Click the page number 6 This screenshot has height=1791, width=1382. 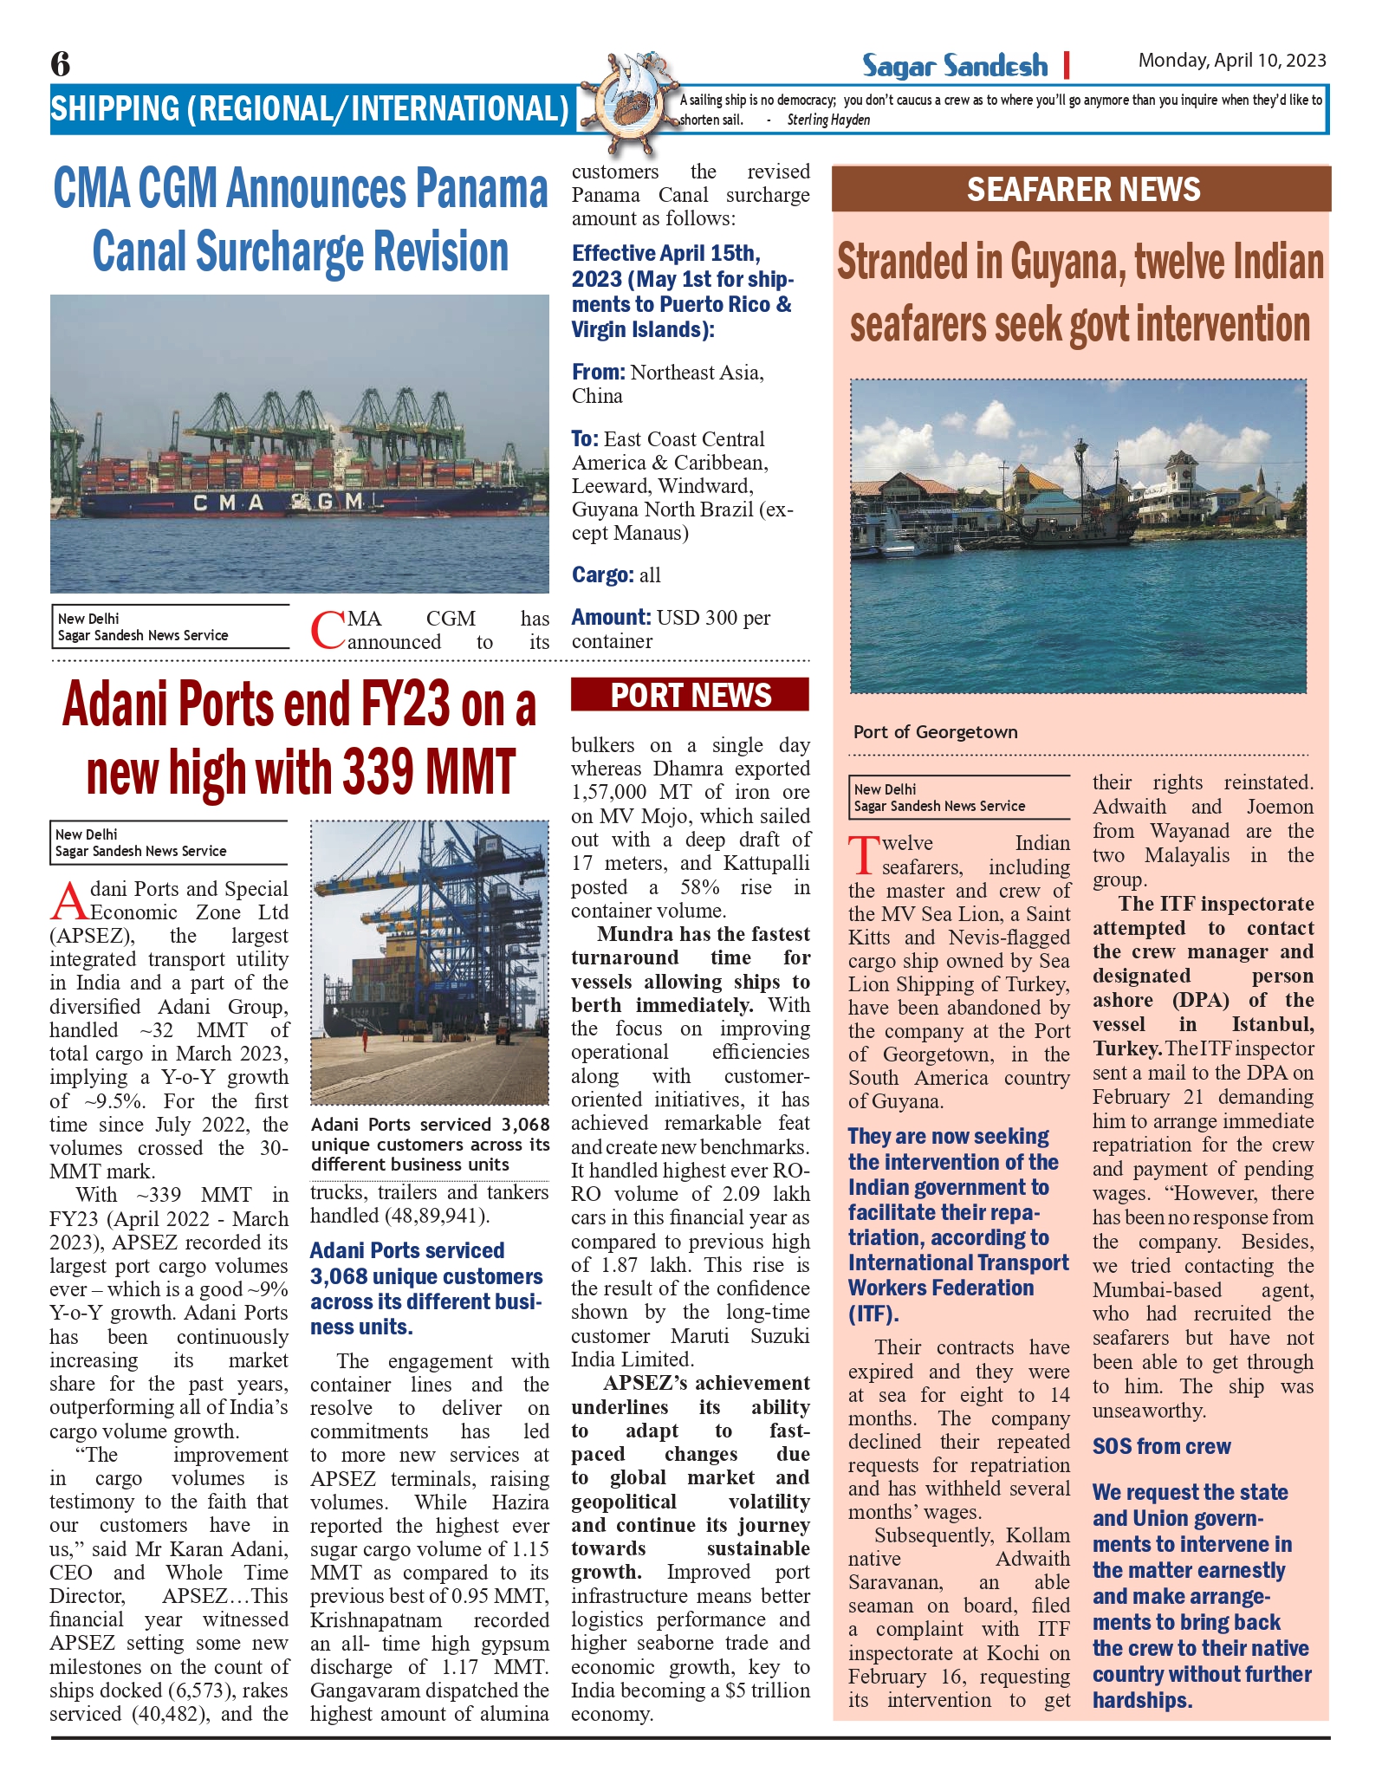coord(61,64)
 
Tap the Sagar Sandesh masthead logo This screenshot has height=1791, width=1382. coord(954,65)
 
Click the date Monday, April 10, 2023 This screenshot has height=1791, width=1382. coord(1231,61)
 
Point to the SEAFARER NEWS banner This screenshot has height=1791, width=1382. coord(1082,190)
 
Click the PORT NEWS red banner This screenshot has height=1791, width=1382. coord(690,696)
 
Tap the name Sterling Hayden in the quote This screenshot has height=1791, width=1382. coord(827,120)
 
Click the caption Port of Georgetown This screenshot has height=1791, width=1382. coord(935,732)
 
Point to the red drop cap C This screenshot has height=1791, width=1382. coord(327,631)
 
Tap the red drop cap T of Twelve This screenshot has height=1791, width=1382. coord(864,855)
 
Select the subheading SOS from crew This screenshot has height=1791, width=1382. coord(1161,1446)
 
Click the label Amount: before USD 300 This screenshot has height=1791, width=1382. coord(611,618)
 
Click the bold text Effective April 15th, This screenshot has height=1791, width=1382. coord(665,254)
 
